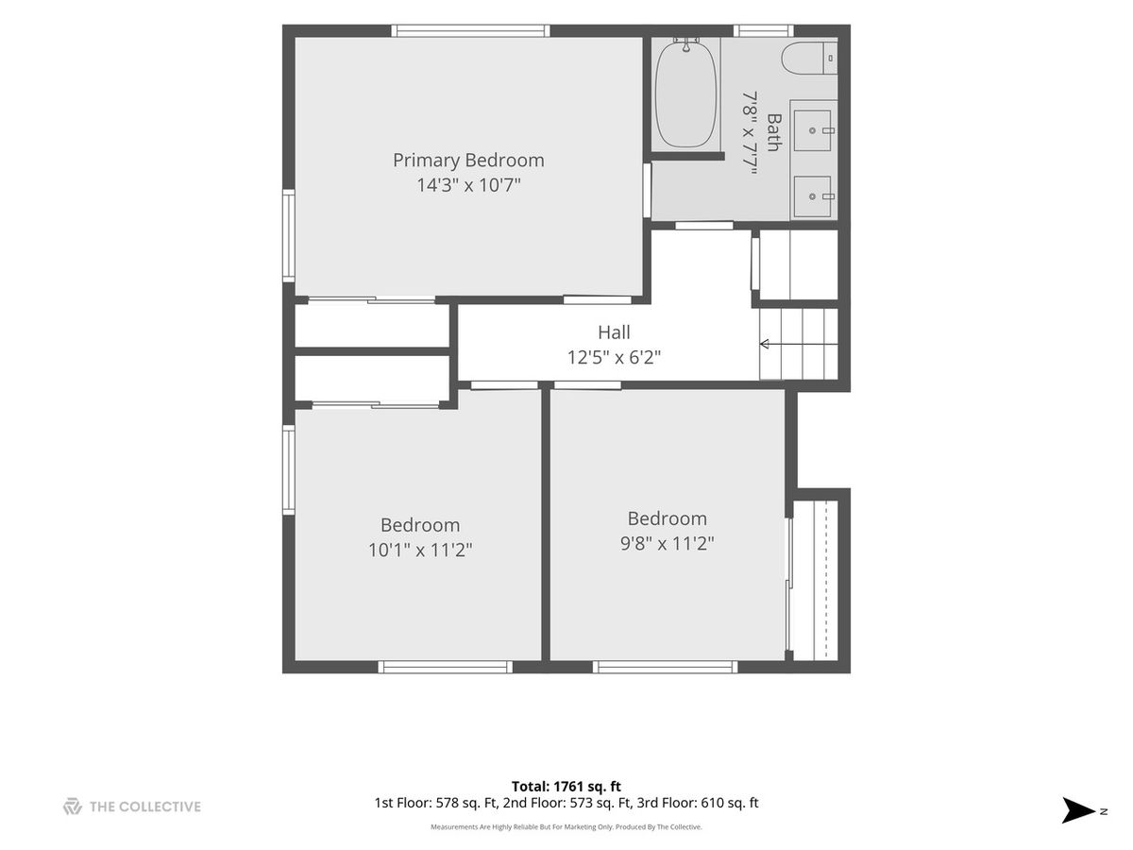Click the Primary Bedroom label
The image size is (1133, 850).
(468, 161)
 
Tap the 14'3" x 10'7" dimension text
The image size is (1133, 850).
(468, 185)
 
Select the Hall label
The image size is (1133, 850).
(614, 332)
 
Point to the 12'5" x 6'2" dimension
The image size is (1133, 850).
(614, 357)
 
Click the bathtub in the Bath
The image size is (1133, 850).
(685, 94)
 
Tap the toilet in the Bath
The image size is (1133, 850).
(809, 59)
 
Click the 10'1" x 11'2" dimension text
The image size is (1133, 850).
(420, 550)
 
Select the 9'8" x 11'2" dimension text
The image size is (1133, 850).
(667, 543)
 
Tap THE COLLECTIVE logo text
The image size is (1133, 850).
(145, 807)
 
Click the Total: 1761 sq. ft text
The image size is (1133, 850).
(566, 786)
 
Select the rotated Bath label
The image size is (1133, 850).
(772, 132)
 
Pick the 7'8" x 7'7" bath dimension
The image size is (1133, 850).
(749, 133)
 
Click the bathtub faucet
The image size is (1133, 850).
(686, 44)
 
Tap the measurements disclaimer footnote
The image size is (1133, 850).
(566, 826)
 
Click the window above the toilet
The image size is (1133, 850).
(764, 31)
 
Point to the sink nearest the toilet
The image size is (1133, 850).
(812, 130)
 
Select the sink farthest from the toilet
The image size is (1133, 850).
(812, 196)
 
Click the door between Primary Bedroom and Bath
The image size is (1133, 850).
(647, 190)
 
